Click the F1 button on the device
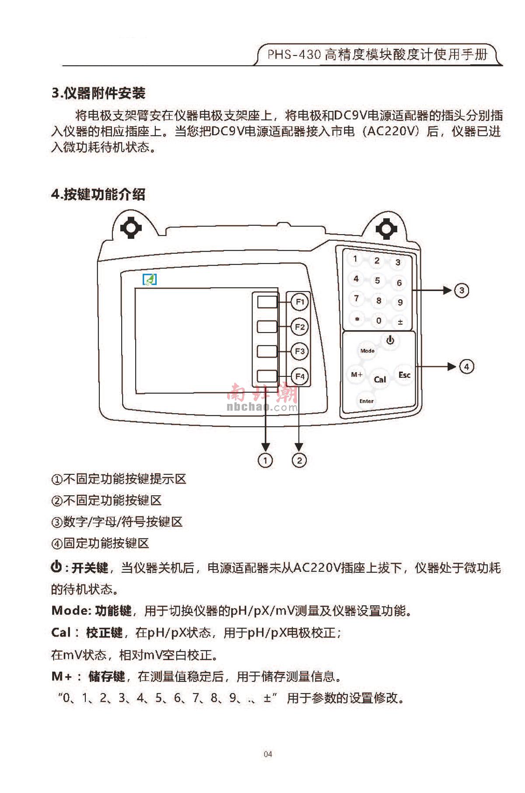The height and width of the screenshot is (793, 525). (300, 302)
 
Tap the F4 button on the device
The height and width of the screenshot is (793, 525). (300, 376)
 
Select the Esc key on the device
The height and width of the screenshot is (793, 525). (404, 375)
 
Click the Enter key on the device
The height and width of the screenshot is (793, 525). (367, 401)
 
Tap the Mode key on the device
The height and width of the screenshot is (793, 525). (367, 351)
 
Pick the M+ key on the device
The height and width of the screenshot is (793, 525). (357, 375)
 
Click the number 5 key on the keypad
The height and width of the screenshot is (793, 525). (378, 281)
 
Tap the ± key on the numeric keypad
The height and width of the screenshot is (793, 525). (400, 322)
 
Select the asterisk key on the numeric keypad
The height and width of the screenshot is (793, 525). (357, 319)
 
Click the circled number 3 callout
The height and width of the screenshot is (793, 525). (462, 290)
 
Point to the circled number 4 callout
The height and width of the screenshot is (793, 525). (466, 366)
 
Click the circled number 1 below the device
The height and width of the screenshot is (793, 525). (265, 460)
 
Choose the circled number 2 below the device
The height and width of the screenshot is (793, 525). (299, 460)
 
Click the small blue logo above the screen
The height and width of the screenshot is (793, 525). (150, 279)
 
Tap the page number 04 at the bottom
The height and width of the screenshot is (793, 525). (268, 754)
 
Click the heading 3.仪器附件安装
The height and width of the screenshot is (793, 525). (98, 93)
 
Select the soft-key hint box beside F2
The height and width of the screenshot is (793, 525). (267, 326)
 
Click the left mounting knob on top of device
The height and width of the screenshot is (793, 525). (131, 228)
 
